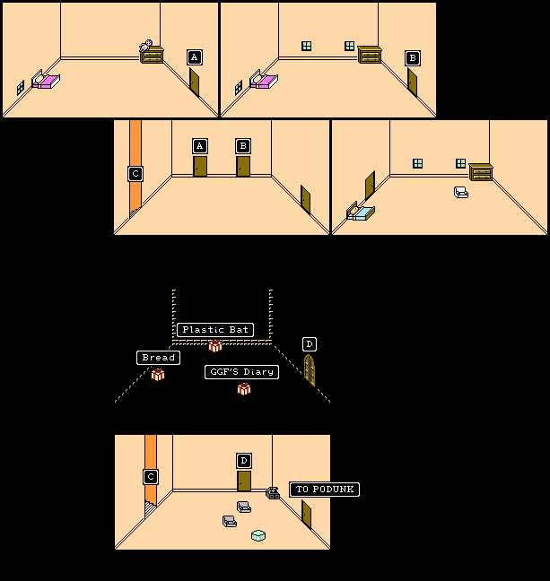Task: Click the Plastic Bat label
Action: [214, 330]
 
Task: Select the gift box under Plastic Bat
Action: [215, 346]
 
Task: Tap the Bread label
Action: [158, 358]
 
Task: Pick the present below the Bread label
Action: [158, 375]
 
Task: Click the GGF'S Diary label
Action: [241, 372]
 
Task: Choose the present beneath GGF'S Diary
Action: [244, 389]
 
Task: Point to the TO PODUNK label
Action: [324, 490]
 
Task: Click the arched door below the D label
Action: [310, 369]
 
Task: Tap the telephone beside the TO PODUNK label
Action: [273, 492]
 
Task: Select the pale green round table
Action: [258, 535]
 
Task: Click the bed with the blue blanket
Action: [361, 212]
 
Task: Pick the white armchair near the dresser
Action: [461, 192]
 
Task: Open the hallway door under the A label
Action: [200, 166]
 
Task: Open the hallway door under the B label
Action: [243, 166]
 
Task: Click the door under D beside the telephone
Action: [244, 481]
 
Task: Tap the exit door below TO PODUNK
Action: [307, 515]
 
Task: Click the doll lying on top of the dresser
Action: [146, 46]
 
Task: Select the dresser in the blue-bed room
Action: [480, 171]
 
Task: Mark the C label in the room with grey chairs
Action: [151, 477]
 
